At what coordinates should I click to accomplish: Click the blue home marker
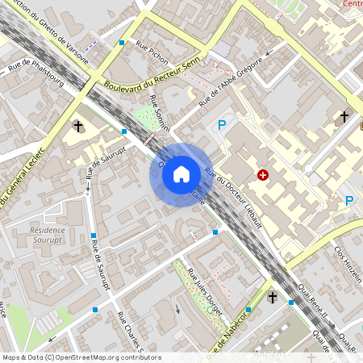click(181, 173)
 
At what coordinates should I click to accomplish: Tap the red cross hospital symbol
click(263, 174)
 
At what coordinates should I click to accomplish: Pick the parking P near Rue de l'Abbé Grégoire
click(222, 125)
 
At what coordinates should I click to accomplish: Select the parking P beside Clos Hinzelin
click(349, 201)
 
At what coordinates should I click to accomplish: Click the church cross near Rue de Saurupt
click(78, 127)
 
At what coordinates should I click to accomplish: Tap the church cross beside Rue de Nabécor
click(273, 298)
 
